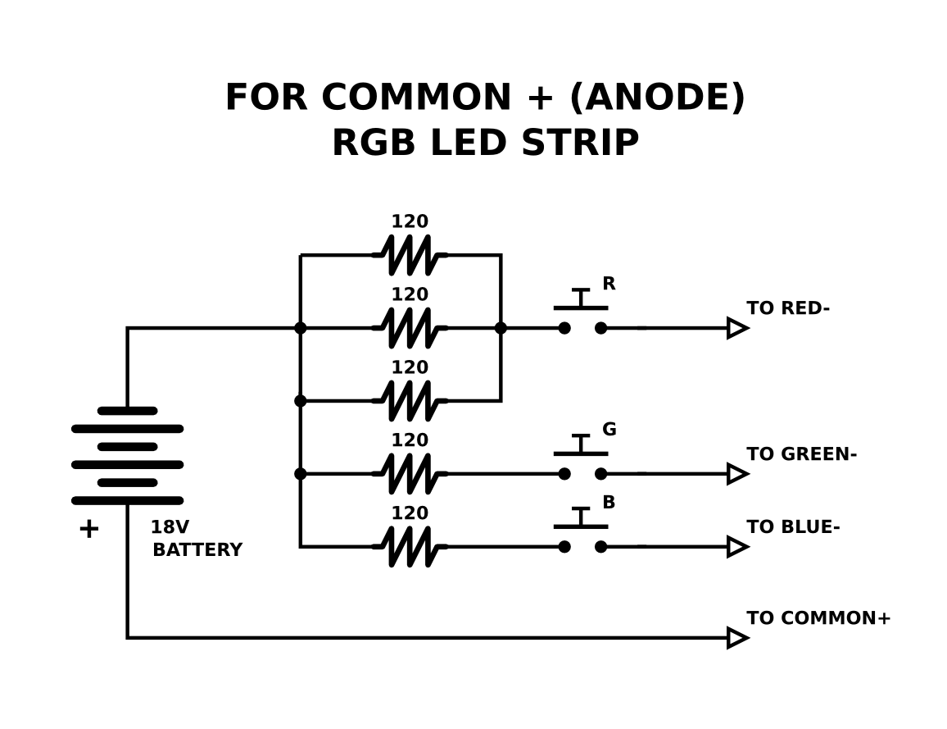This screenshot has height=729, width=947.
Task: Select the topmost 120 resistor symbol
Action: tap(410, 255)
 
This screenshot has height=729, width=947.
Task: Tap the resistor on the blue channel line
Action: tap(410, 546)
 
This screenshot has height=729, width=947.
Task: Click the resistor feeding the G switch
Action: tap(410, 473)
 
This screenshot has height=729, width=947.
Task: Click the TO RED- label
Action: tap(787, 308)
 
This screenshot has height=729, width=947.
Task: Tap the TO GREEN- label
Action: tap(801, 454)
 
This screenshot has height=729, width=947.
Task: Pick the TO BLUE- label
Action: tap(792, 527)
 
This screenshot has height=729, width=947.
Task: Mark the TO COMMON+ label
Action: tap(818, 618)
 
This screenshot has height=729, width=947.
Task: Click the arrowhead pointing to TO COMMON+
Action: tap(736, 637)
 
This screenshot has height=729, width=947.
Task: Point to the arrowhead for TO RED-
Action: tap(736, 328)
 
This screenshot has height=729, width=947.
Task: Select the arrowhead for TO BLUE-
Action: tap(736, 546)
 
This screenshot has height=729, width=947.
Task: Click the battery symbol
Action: tap(127, 455)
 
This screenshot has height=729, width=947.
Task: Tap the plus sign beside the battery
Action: tap(88, 529)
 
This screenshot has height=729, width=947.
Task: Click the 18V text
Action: tap(169, 527)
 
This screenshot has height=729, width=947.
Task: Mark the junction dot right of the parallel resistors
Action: tap(501, 328)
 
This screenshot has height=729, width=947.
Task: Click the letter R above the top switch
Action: tap(609, 284)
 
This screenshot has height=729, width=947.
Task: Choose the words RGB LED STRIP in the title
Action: tap(485, 144)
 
